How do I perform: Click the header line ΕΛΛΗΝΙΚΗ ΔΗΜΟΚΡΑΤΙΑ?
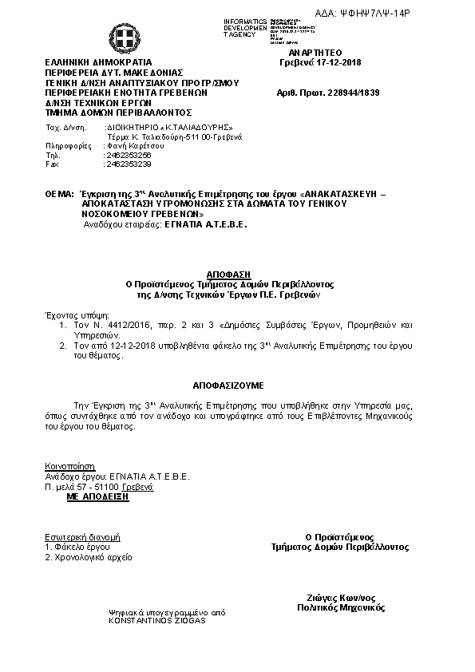(98, 61)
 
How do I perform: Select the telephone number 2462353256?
(129, 155)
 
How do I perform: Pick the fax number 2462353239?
(129, 164)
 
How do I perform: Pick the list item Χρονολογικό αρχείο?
(93, 557)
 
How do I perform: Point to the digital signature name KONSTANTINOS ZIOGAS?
(157, 620)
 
